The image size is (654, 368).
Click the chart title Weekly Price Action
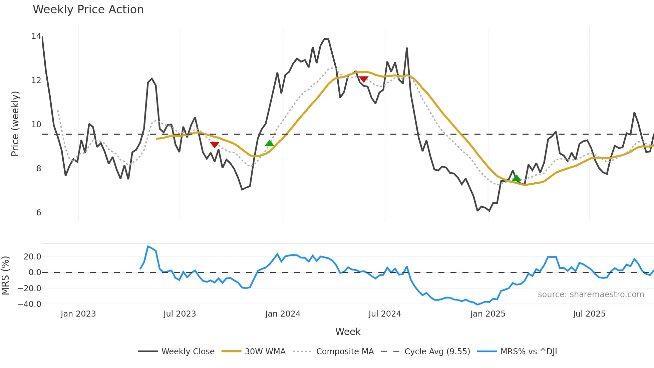88,10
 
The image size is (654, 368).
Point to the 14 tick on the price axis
36,36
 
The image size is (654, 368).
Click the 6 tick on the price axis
39,213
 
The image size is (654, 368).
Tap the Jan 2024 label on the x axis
283,314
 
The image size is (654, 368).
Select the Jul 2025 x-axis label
589,314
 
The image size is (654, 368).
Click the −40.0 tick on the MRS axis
29,304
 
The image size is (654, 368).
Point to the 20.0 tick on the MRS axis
32,257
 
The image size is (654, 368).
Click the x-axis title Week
348,332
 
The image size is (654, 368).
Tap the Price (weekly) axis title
15,124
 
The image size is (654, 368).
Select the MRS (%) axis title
5,275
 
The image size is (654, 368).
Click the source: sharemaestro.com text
591,295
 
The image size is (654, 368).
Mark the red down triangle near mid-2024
363,79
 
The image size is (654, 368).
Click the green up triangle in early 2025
517,178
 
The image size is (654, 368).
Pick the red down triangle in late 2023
215,145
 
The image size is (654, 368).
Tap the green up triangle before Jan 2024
269,144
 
